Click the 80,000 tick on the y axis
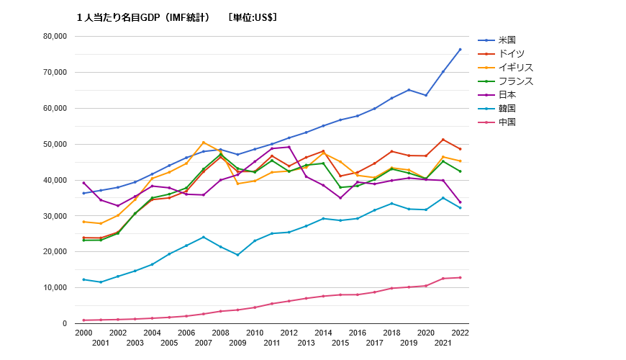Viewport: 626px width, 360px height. click(x=55, y=37)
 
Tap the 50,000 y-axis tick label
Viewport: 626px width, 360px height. click(x=55, y=144)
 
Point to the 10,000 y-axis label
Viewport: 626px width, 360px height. click(x=55, y=288)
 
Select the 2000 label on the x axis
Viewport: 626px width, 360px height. click(x=83, y=333)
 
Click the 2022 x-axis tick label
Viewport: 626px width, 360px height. click(x=461, y=333)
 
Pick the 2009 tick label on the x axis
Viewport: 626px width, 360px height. click(x=237, y=343)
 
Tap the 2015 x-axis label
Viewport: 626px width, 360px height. click(x=340, y=343)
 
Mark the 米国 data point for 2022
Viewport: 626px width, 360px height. click(x=461, y=50)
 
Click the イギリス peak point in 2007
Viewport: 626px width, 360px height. click(x=204, y=143)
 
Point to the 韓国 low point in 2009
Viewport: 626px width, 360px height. click(x=237, y=255)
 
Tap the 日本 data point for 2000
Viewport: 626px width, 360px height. click(x=83, y=183)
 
